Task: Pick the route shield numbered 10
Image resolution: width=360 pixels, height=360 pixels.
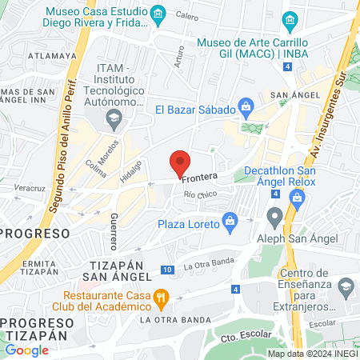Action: tap(167, 269)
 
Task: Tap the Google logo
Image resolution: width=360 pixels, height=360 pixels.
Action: tap(26, 350)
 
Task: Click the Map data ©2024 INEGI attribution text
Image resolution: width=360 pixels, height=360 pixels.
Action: tap(312, 354)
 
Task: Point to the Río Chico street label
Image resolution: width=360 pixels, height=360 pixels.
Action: tap(199, 195)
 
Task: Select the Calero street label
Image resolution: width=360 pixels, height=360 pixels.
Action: tap(186, 16)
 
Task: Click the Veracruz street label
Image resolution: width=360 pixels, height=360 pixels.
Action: tap(28, 188)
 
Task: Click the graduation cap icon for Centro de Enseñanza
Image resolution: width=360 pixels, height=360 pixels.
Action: tap(346, 286)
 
